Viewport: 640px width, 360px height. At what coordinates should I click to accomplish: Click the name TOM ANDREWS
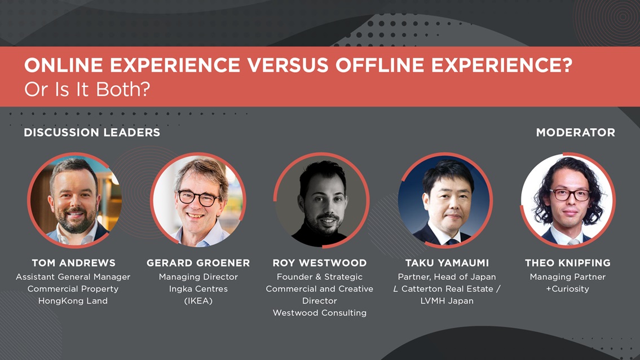click(x=73, y=263)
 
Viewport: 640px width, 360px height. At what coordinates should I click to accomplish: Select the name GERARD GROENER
click(x=198, y=263)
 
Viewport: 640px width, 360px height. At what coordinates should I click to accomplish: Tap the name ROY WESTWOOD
click(x=319, y=263)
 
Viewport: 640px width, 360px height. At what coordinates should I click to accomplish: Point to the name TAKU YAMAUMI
click(x=447, y=263)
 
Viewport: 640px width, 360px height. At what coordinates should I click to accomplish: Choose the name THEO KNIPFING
click(x=567, y=263)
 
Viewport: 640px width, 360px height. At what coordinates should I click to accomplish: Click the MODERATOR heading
click(x=575, y=133)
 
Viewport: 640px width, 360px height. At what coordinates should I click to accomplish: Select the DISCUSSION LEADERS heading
click(x=92, y=133)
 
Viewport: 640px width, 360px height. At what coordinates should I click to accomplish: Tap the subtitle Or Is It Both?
click(x=87, y=90)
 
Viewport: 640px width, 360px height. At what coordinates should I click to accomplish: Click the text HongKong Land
click(x=73, y=301)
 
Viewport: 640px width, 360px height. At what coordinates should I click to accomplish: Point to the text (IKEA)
click(x=198, y=301)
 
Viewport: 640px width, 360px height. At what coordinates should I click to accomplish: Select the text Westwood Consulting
click(x=319, y=313)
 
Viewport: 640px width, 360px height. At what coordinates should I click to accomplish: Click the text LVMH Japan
click(x=447, y=301)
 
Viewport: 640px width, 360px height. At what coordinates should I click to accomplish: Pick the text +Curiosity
click(x=567, y=289)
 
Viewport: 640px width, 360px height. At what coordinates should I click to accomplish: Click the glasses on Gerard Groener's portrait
click(x=197, y=198)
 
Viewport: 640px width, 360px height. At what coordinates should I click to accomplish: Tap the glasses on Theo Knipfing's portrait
click(x=570, y=195)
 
